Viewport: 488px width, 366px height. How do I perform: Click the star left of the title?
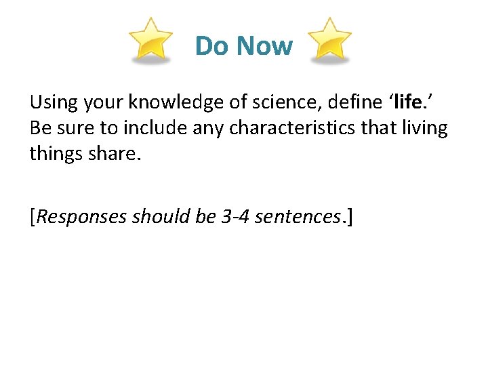[x=150, y=41]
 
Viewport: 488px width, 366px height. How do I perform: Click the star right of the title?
[x=330, y=41]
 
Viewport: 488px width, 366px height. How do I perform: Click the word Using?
[x=54, y=103]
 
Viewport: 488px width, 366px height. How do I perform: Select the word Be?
[x=39, y=128]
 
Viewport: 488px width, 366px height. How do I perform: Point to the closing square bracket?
[x=349, y=217]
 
